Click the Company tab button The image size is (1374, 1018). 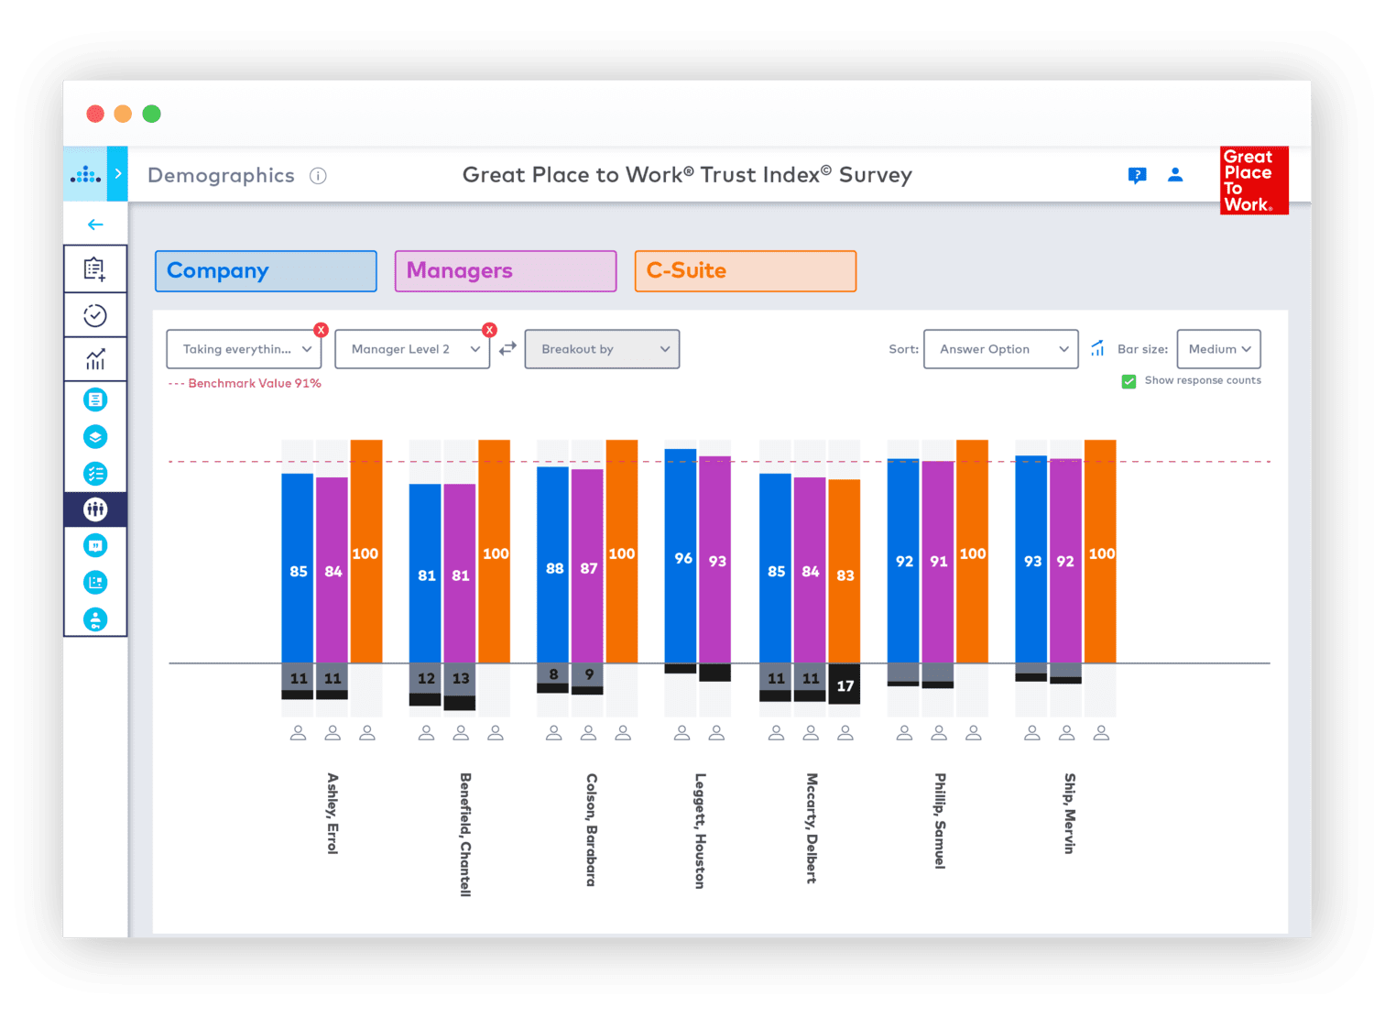pos(266,271)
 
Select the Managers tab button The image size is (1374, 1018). pos(506,271)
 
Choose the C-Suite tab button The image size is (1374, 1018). pos(746,271)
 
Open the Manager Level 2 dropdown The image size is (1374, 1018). pos(412,349)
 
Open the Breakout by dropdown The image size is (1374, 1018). pos(602,349)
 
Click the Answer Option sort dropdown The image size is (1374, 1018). pos(1000,349)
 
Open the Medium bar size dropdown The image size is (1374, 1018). pos(1218,349)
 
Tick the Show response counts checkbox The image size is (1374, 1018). pos(1129,381)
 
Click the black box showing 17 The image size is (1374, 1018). pos(845,684)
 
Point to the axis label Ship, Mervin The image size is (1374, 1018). pos(1069,814)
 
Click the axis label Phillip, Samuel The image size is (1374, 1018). pos(940,820)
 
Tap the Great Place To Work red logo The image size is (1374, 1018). pos(1254,181)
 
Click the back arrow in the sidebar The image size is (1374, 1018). pos(95,224)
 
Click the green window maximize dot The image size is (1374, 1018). pos(152,114)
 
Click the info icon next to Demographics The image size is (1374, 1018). pos(318,176)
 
